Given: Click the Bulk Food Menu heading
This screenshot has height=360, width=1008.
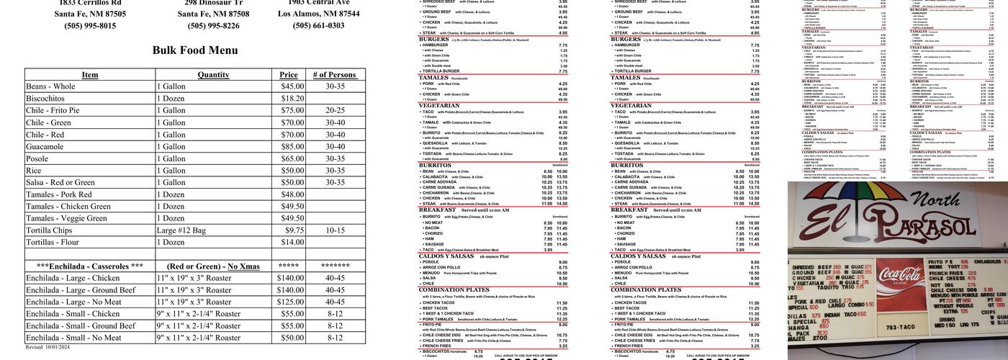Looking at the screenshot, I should click(195, 50).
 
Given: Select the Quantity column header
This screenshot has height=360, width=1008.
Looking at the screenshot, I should click(213, 75).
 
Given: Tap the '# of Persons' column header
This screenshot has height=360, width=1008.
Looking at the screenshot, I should click(335, 75).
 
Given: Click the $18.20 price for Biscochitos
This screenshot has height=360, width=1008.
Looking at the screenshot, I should click(292, 99).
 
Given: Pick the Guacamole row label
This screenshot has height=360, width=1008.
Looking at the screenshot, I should click(45, 146).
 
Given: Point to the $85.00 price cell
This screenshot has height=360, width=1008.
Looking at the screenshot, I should click(292, 146).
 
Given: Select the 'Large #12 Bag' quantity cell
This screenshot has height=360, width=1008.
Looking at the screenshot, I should click(181, 230).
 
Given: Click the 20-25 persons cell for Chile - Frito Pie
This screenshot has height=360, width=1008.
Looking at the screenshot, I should click(335, 111).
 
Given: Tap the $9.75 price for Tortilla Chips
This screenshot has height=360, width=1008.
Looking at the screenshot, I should click(294, 230).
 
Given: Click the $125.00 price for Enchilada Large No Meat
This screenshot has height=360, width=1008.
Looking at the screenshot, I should click(290, 302).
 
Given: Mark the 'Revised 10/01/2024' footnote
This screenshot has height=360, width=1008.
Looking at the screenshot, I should click(48, 347).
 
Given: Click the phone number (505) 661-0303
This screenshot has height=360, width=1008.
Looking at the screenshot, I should click(318, 26).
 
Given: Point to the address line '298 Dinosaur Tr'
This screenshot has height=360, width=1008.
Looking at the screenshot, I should click(214, 3).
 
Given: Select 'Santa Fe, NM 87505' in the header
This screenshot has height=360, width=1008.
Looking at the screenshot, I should click(90, 14).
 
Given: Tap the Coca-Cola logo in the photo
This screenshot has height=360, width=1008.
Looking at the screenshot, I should click(899, 276).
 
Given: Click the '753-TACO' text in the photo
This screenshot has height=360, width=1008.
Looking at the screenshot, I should click(900, 328).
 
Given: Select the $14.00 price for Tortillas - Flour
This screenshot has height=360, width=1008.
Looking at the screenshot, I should click(292, 243).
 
